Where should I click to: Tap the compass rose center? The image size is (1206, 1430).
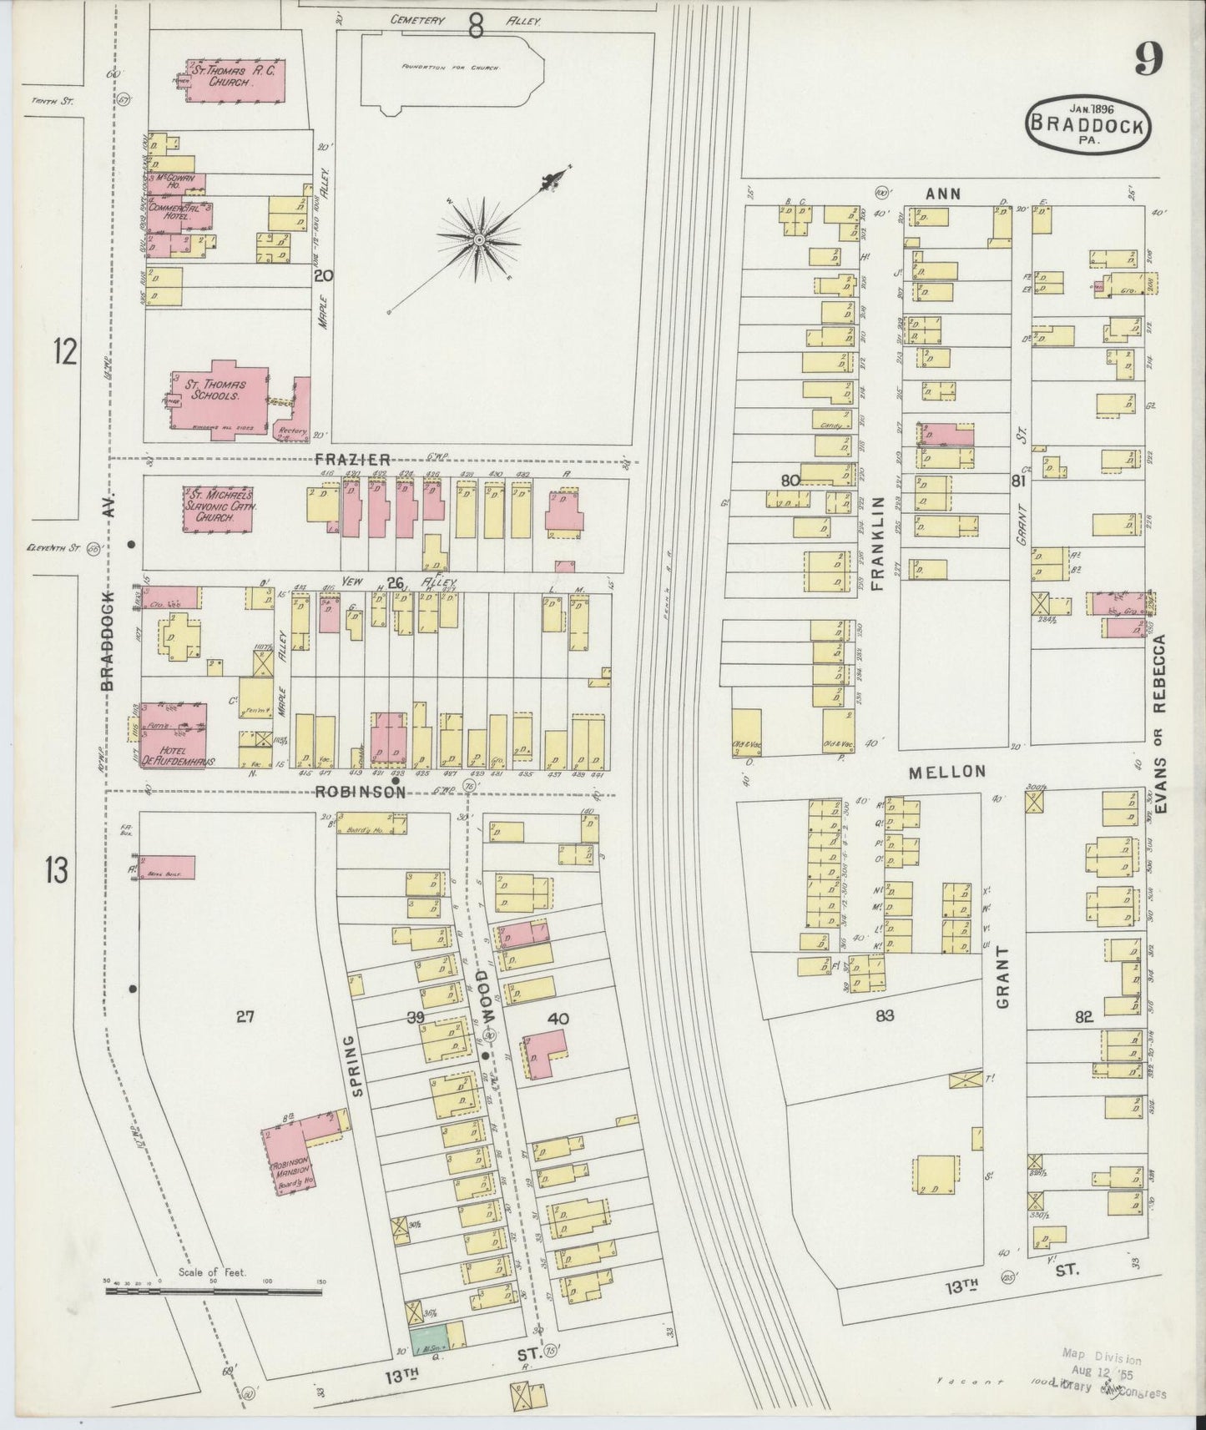[x=479, y=240]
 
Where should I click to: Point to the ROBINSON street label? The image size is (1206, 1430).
[x=361, y=792]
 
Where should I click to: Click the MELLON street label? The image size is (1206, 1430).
[x=947, y=772]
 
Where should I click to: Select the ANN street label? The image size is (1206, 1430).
[x=943, y=194]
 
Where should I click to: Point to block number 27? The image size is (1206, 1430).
[x=244, y=1016]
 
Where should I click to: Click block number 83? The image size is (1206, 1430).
[x=885, y=1015]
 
